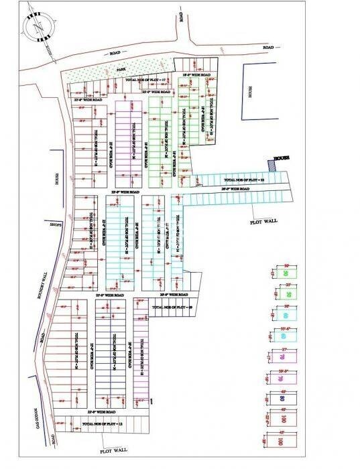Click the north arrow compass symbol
coord(35,26)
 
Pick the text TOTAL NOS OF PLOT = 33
coord(244,181)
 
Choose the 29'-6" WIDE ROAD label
coord(235,190)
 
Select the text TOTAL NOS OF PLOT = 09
coord(172,306)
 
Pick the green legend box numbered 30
coord(285,274)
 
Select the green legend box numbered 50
coord(287,295)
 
